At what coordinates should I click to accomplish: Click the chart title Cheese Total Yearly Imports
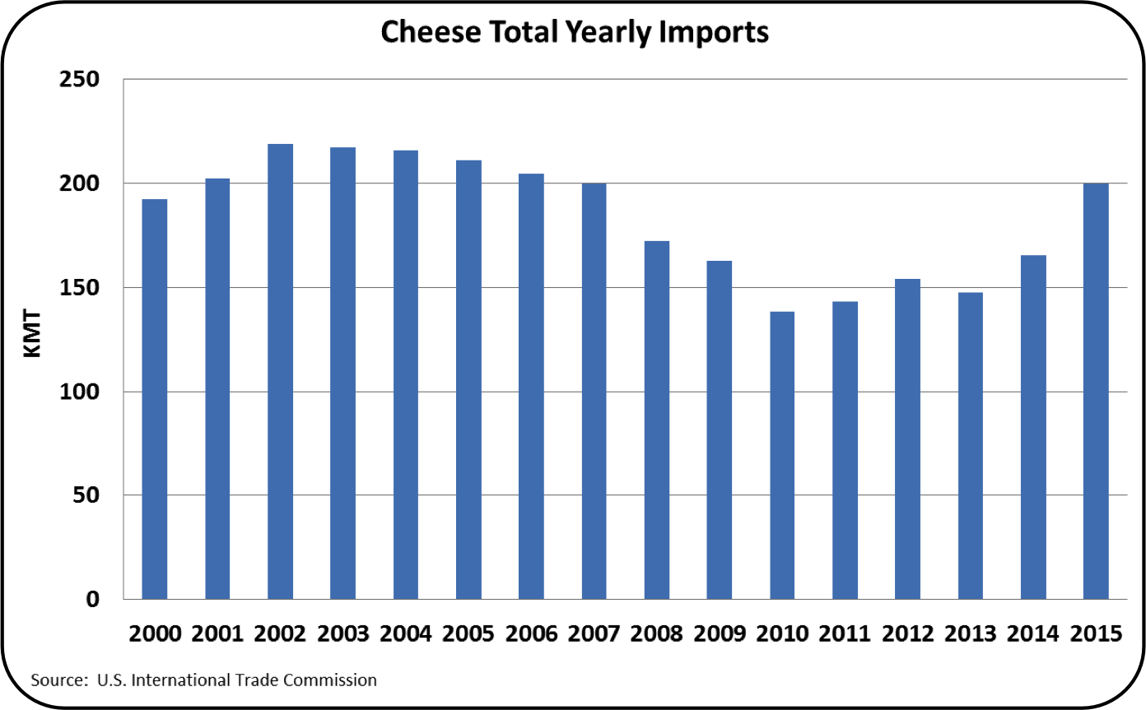(574, 31)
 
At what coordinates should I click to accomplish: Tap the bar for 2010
(782, 455)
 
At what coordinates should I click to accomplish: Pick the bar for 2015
(1096, 391)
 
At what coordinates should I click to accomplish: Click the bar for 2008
(656, 420)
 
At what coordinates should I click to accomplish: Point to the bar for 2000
(155, 399)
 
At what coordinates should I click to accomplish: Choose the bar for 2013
(970, 445)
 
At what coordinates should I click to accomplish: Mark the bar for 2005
(468, 379)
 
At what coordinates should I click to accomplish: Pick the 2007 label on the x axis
(594, 634)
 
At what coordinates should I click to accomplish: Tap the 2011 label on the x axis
(845, 634)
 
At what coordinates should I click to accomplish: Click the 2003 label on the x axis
(342, 634)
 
